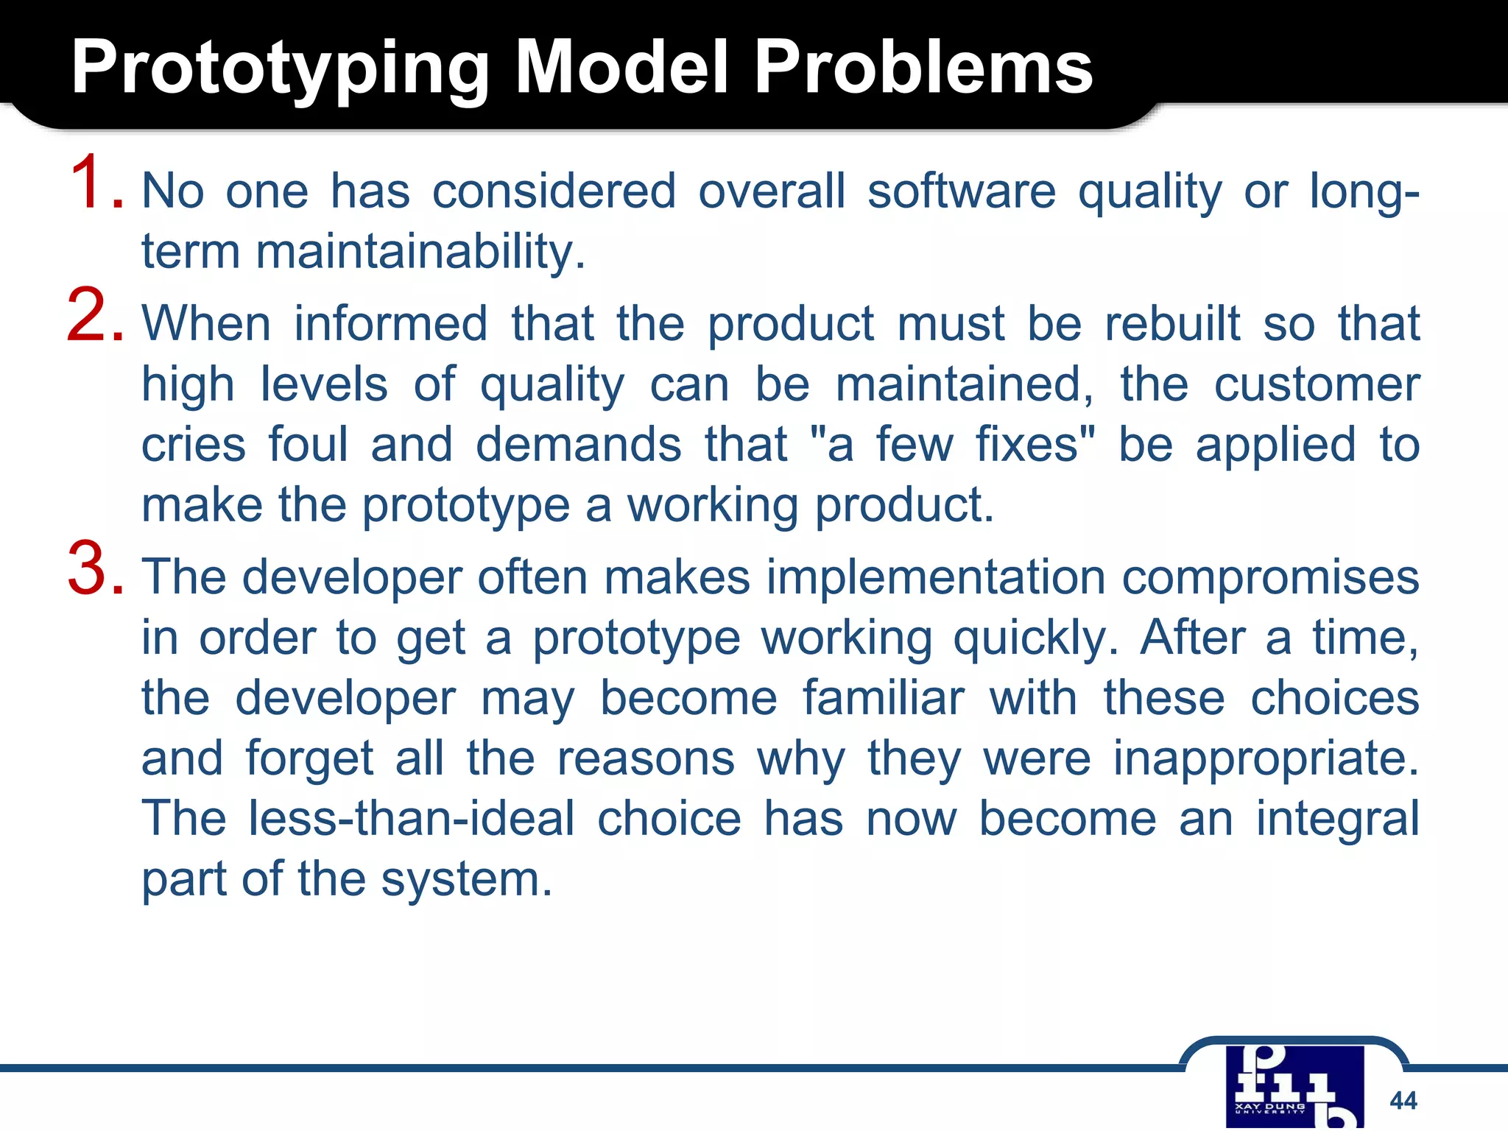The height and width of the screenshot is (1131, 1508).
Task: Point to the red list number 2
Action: click(x=94, y=317)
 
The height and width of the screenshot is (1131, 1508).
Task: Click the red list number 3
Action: click(x=94, y=569)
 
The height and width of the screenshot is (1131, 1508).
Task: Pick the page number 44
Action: click(x=1403, y=1101)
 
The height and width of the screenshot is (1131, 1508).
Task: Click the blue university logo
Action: click(x=1294, y=1087)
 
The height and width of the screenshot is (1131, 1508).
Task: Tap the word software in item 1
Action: click(x=961, y=191)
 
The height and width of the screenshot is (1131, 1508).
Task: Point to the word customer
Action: click(x=1316, y=385)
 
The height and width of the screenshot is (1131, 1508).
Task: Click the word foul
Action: click(x=308, y=445)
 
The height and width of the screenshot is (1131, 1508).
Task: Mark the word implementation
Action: click(x=935, y=577)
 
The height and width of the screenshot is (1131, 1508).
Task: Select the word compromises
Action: click(x=1269, y=577)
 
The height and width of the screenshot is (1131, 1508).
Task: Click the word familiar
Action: click(x=882, y=698)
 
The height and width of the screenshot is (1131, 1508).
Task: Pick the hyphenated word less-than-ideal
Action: click(x=411, y=819)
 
